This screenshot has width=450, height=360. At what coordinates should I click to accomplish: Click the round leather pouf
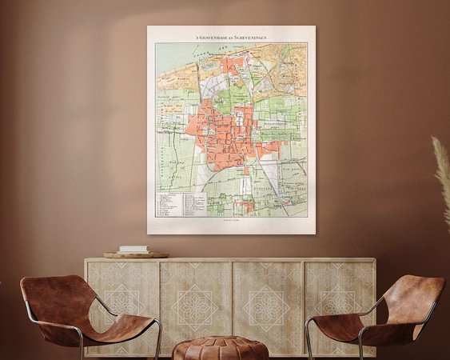coord(221,348)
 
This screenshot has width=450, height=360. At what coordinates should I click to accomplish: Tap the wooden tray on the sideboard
coord(136,255)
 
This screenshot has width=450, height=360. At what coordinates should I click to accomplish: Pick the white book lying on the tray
coord(134,250)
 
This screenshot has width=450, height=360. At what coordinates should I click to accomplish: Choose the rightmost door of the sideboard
coord(340,300)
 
